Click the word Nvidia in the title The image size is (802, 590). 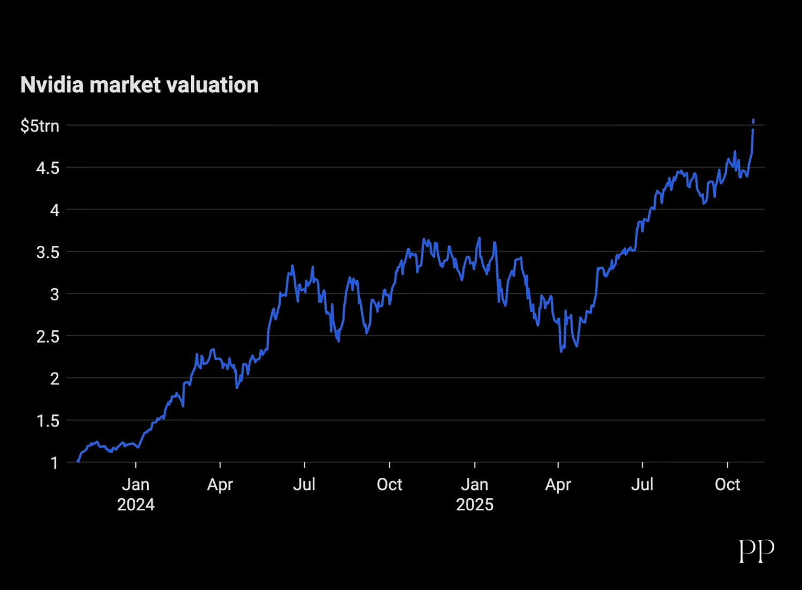point(52,85)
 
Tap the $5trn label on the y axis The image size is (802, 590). point(40,126)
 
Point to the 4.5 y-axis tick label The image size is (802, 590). point(47,168)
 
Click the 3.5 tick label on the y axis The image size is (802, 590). point(47,252)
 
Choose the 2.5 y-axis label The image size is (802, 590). point(47,337)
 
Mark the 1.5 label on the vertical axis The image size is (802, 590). point(47,421)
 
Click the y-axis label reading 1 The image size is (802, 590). point(54,463)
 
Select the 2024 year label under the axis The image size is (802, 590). point(136,504)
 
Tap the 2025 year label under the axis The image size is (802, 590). point(475,504)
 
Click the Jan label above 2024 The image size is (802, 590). point(136,485)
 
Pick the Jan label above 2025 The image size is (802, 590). point(475,485)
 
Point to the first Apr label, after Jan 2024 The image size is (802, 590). point(220,485)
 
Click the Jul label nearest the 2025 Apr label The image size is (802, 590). point(642,485)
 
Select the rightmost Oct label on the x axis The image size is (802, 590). point(728,485)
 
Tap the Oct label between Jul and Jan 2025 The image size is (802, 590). point(389,485)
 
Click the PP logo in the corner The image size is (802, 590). point(757,550)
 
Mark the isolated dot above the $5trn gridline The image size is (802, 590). point(753,121)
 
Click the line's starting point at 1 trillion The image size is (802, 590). point(78,461)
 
